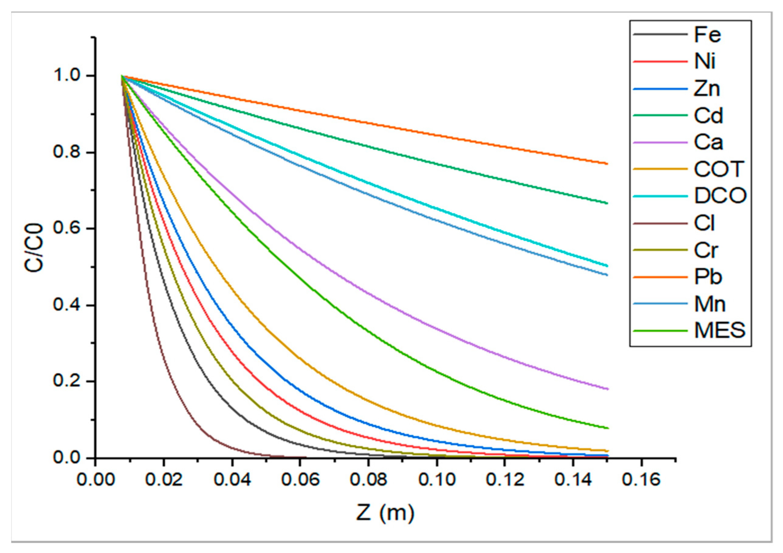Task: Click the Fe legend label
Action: click(x=708, y=35)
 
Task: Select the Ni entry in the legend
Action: click(x=705, y=62)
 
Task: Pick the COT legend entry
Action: click(x=719, y=169)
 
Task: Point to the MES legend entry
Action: click(x=720, y=330)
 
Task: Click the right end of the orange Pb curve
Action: click(x=607, y=164)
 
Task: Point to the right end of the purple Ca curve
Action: click(x=607, y=389)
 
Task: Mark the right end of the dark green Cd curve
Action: click(x=607, y=203)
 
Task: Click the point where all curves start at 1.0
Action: click(x=122, y=76)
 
